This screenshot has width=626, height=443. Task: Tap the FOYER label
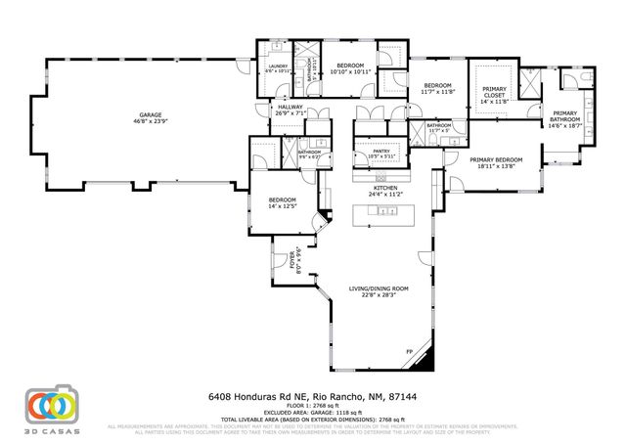pyautogui.click(x=291, y=260)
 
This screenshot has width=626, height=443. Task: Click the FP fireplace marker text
pyautogui.click(x=409, y=352)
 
